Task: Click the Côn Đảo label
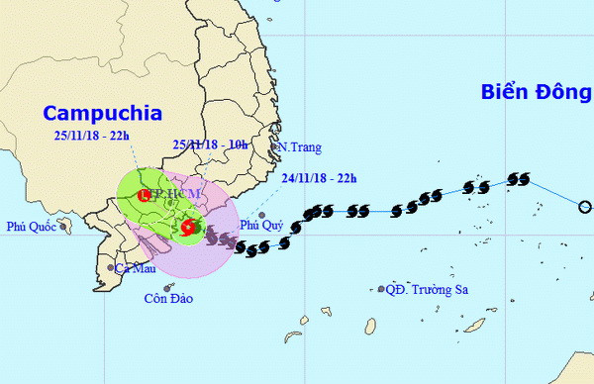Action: [x=167, y=298]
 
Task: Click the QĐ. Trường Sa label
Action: [x=427, y=290]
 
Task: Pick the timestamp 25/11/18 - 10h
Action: [x=210, y=145]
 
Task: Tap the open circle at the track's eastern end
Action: [x=584, y=207]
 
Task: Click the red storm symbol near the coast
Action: [x=188, y=226]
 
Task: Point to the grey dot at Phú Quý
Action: [x=260, y=215]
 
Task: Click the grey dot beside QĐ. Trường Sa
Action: [x=381, y=290]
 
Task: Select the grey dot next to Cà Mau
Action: [x=110, y=267]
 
